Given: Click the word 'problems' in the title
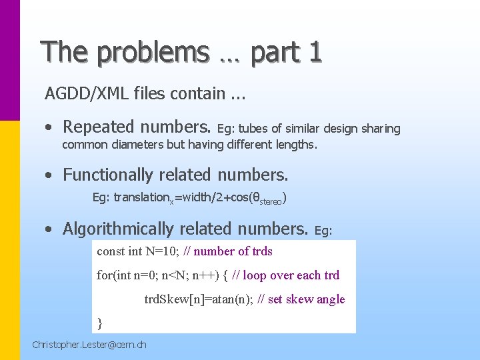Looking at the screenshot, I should pyautogui.click(x=161, y=52).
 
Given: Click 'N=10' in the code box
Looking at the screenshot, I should pyautogui.click(x=163, y=251).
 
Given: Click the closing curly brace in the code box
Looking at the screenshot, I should pyautogui.click(x=100, y=323).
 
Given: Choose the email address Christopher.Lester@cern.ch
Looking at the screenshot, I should pyautogui.click(x=89, y=345).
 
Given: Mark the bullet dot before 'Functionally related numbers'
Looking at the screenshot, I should pyautogui.click(x=49, y=176).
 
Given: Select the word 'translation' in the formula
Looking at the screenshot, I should pyautogui.click(x=141, y=197).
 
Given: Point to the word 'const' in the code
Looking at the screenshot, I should pyautogui.click(x=111, y=251).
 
